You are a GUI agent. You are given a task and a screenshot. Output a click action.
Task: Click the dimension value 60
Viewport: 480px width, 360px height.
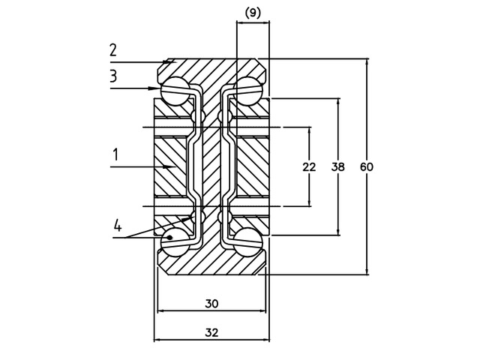(367, 166)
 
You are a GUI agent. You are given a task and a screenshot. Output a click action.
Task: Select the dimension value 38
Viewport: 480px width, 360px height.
(338, 166)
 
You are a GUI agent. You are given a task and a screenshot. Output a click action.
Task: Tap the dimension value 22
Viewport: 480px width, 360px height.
(309, 166)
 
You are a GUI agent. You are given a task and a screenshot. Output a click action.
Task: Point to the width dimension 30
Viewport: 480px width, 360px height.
(211, 304)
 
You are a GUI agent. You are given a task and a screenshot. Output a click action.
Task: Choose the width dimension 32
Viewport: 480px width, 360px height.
(211, 332)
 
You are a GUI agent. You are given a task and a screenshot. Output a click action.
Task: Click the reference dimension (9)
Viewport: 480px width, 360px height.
(253, 12)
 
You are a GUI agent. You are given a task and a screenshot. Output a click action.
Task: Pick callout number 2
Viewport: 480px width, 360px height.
(112, 50)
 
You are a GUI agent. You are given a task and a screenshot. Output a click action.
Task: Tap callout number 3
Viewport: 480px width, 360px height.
(112, 76)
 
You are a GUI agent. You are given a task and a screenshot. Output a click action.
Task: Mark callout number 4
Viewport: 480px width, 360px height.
(118, 225)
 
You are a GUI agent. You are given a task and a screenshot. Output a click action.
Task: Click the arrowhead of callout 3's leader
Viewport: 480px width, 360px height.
(158, 88)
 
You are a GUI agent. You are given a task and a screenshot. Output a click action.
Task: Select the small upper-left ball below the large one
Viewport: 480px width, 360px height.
(198, 116)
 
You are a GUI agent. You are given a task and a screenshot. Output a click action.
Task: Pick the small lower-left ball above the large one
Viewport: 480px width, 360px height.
(198, 216)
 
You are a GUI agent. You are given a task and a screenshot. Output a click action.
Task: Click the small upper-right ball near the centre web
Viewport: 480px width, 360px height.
(223, 116)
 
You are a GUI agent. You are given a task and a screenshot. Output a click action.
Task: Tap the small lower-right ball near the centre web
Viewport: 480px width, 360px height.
(223, 216)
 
